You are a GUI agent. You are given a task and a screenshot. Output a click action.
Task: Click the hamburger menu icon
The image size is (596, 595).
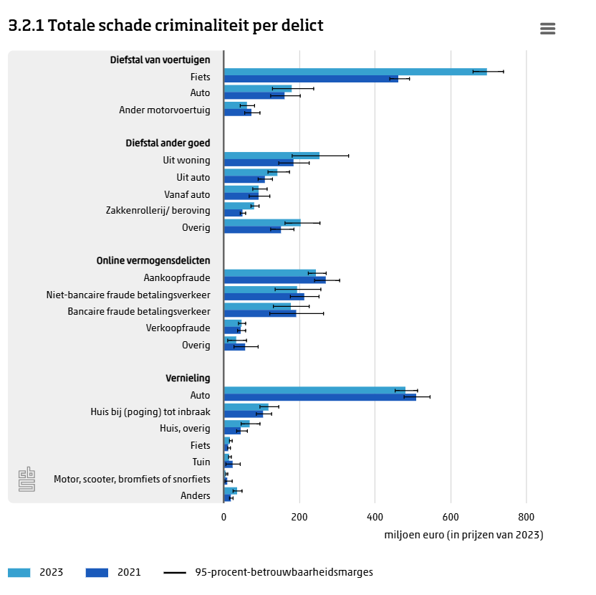click(548, 29)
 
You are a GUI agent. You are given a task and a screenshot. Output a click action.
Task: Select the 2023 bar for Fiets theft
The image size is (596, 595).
click(355, 72)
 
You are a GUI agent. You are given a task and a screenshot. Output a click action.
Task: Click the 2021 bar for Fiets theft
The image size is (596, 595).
click(310, 79)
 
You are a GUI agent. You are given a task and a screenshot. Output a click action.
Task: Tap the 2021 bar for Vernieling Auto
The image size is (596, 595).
click(319, 397)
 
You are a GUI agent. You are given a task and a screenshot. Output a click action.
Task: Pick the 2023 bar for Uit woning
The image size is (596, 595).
click(271, 156)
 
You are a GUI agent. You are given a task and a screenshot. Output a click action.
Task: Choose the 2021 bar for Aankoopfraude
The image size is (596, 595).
click(274, 280)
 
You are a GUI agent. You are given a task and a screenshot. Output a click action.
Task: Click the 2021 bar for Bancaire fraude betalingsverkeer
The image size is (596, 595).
click(259, 313)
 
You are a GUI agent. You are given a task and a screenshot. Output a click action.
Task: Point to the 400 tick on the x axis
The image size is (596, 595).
click(375, 517)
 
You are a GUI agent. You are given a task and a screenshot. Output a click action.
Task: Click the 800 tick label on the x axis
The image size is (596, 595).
click(526, 517)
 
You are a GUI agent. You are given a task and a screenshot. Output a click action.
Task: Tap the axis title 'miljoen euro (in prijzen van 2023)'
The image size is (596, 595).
click(463, 535)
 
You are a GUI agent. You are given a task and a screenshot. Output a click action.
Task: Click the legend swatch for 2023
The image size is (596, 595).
click(19, 572)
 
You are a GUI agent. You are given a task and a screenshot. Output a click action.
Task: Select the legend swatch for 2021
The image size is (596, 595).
click(97, 572)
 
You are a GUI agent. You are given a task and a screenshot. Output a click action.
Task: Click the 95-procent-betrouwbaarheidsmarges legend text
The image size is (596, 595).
click(284, 572)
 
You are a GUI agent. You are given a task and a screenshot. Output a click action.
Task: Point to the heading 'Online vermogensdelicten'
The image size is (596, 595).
click(153, 261)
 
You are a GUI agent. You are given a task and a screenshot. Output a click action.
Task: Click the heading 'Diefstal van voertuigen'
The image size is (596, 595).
click(160, 59)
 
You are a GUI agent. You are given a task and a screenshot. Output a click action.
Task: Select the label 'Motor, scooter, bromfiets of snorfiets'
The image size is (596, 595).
click(132, 479)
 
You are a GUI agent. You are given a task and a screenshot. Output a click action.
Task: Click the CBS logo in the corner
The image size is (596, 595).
click(27, 479)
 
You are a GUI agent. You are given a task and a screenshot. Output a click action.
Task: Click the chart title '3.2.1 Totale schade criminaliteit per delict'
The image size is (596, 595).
click(165, 26)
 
